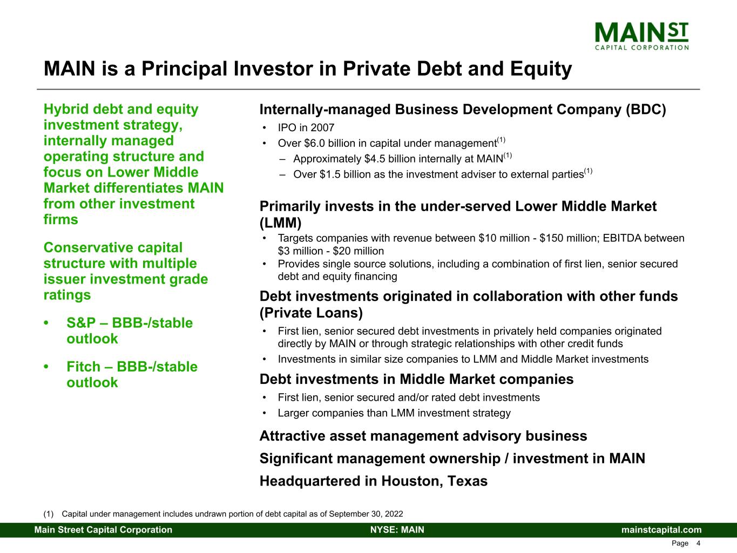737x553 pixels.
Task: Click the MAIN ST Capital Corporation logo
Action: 641,36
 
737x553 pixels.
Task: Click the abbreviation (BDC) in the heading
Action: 646,110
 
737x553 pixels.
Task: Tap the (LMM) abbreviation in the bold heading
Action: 280,223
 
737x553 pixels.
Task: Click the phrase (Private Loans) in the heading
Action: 311,313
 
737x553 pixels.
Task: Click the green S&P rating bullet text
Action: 130,331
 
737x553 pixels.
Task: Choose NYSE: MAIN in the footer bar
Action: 397,530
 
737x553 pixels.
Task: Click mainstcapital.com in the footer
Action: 661,530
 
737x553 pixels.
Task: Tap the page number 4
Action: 698,543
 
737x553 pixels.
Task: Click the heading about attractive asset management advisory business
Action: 423,436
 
